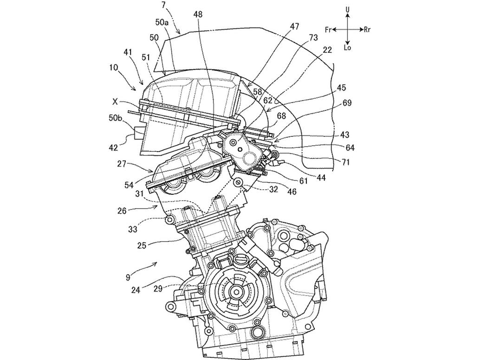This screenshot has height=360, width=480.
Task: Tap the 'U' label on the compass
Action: click(348, 9)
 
